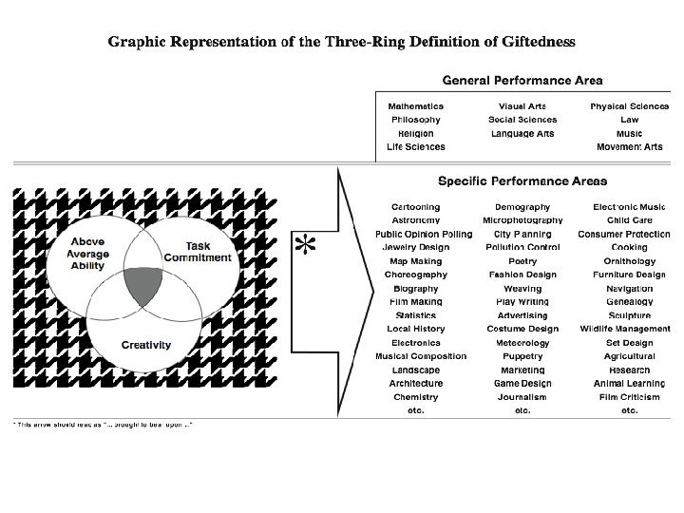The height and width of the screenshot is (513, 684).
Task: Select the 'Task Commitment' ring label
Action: pyautogui.click(x=198, y=252)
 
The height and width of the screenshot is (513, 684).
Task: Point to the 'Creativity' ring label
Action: pyautogui.click(x=146, y=344)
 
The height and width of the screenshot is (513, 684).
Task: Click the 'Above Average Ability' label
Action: pyautogui.click(x=88, y=253)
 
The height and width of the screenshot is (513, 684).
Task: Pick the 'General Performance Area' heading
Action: pyautogui.click(x=522, y=81)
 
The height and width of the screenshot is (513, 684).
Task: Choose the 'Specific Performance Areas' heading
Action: pyautogui.click(x=522, y=180)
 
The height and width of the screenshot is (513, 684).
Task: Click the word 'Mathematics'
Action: pyautogui.click(x=415, y=106)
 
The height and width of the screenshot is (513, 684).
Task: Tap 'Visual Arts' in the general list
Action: pyautogui.click(x=522, y=106)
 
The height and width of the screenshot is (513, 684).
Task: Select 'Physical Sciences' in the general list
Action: pyautogui.click(x=629, y=106)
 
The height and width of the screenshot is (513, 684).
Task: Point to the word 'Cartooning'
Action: pyautogui.click(x=415, y=206)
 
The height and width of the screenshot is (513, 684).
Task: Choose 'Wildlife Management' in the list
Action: pyautogui.click(x=625, y=329)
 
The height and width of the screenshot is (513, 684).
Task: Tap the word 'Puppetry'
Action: pyautogui.click(x=522, y=356)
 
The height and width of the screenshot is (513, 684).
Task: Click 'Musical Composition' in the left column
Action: pyautogui.click(x=415, y=356)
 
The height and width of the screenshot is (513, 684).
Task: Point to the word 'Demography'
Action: pyautogui.click(x=522, y=206)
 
